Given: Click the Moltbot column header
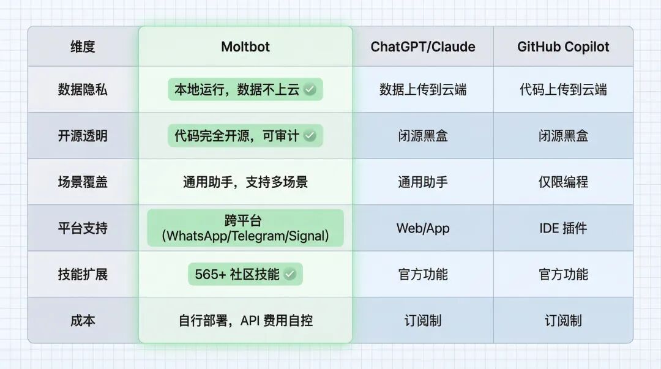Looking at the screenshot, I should (x=245, y=47).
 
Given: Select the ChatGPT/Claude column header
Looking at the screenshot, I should (x=422, y=47).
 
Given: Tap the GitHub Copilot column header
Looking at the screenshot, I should (x=563, y=47).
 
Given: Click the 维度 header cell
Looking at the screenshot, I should (x=83, y=47).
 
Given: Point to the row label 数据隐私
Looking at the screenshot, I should (x=83, y=89).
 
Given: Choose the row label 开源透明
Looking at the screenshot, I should (x=83, y=136).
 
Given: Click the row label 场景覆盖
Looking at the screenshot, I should (x=83, y=182).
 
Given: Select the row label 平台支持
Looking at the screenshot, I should (x=83, y=228).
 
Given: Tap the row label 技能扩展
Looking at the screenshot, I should (x=83, y=274).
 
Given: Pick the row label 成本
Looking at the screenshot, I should (x=83, y=320).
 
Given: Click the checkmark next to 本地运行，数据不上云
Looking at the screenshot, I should (x=310, y=90).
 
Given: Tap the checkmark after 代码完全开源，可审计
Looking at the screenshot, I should (x=310, y=136).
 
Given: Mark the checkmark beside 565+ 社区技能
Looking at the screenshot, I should (x=290, y=275).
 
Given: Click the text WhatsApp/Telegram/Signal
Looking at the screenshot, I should (x=245, y=236).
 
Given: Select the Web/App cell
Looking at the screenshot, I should (x=422, y=228).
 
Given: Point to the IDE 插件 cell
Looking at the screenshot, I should (x=563, y=228).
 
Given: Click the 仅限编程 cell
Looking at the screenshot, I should (x=563, y=182).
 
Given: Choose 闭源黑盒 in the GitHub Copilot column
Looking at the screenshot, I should (x=563, y=136).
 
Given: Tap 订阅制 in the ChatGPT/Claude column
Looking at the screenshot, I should (x=422, y=320).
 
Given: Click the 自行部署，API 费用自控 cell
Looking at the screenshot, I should (x=245, y=320).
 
